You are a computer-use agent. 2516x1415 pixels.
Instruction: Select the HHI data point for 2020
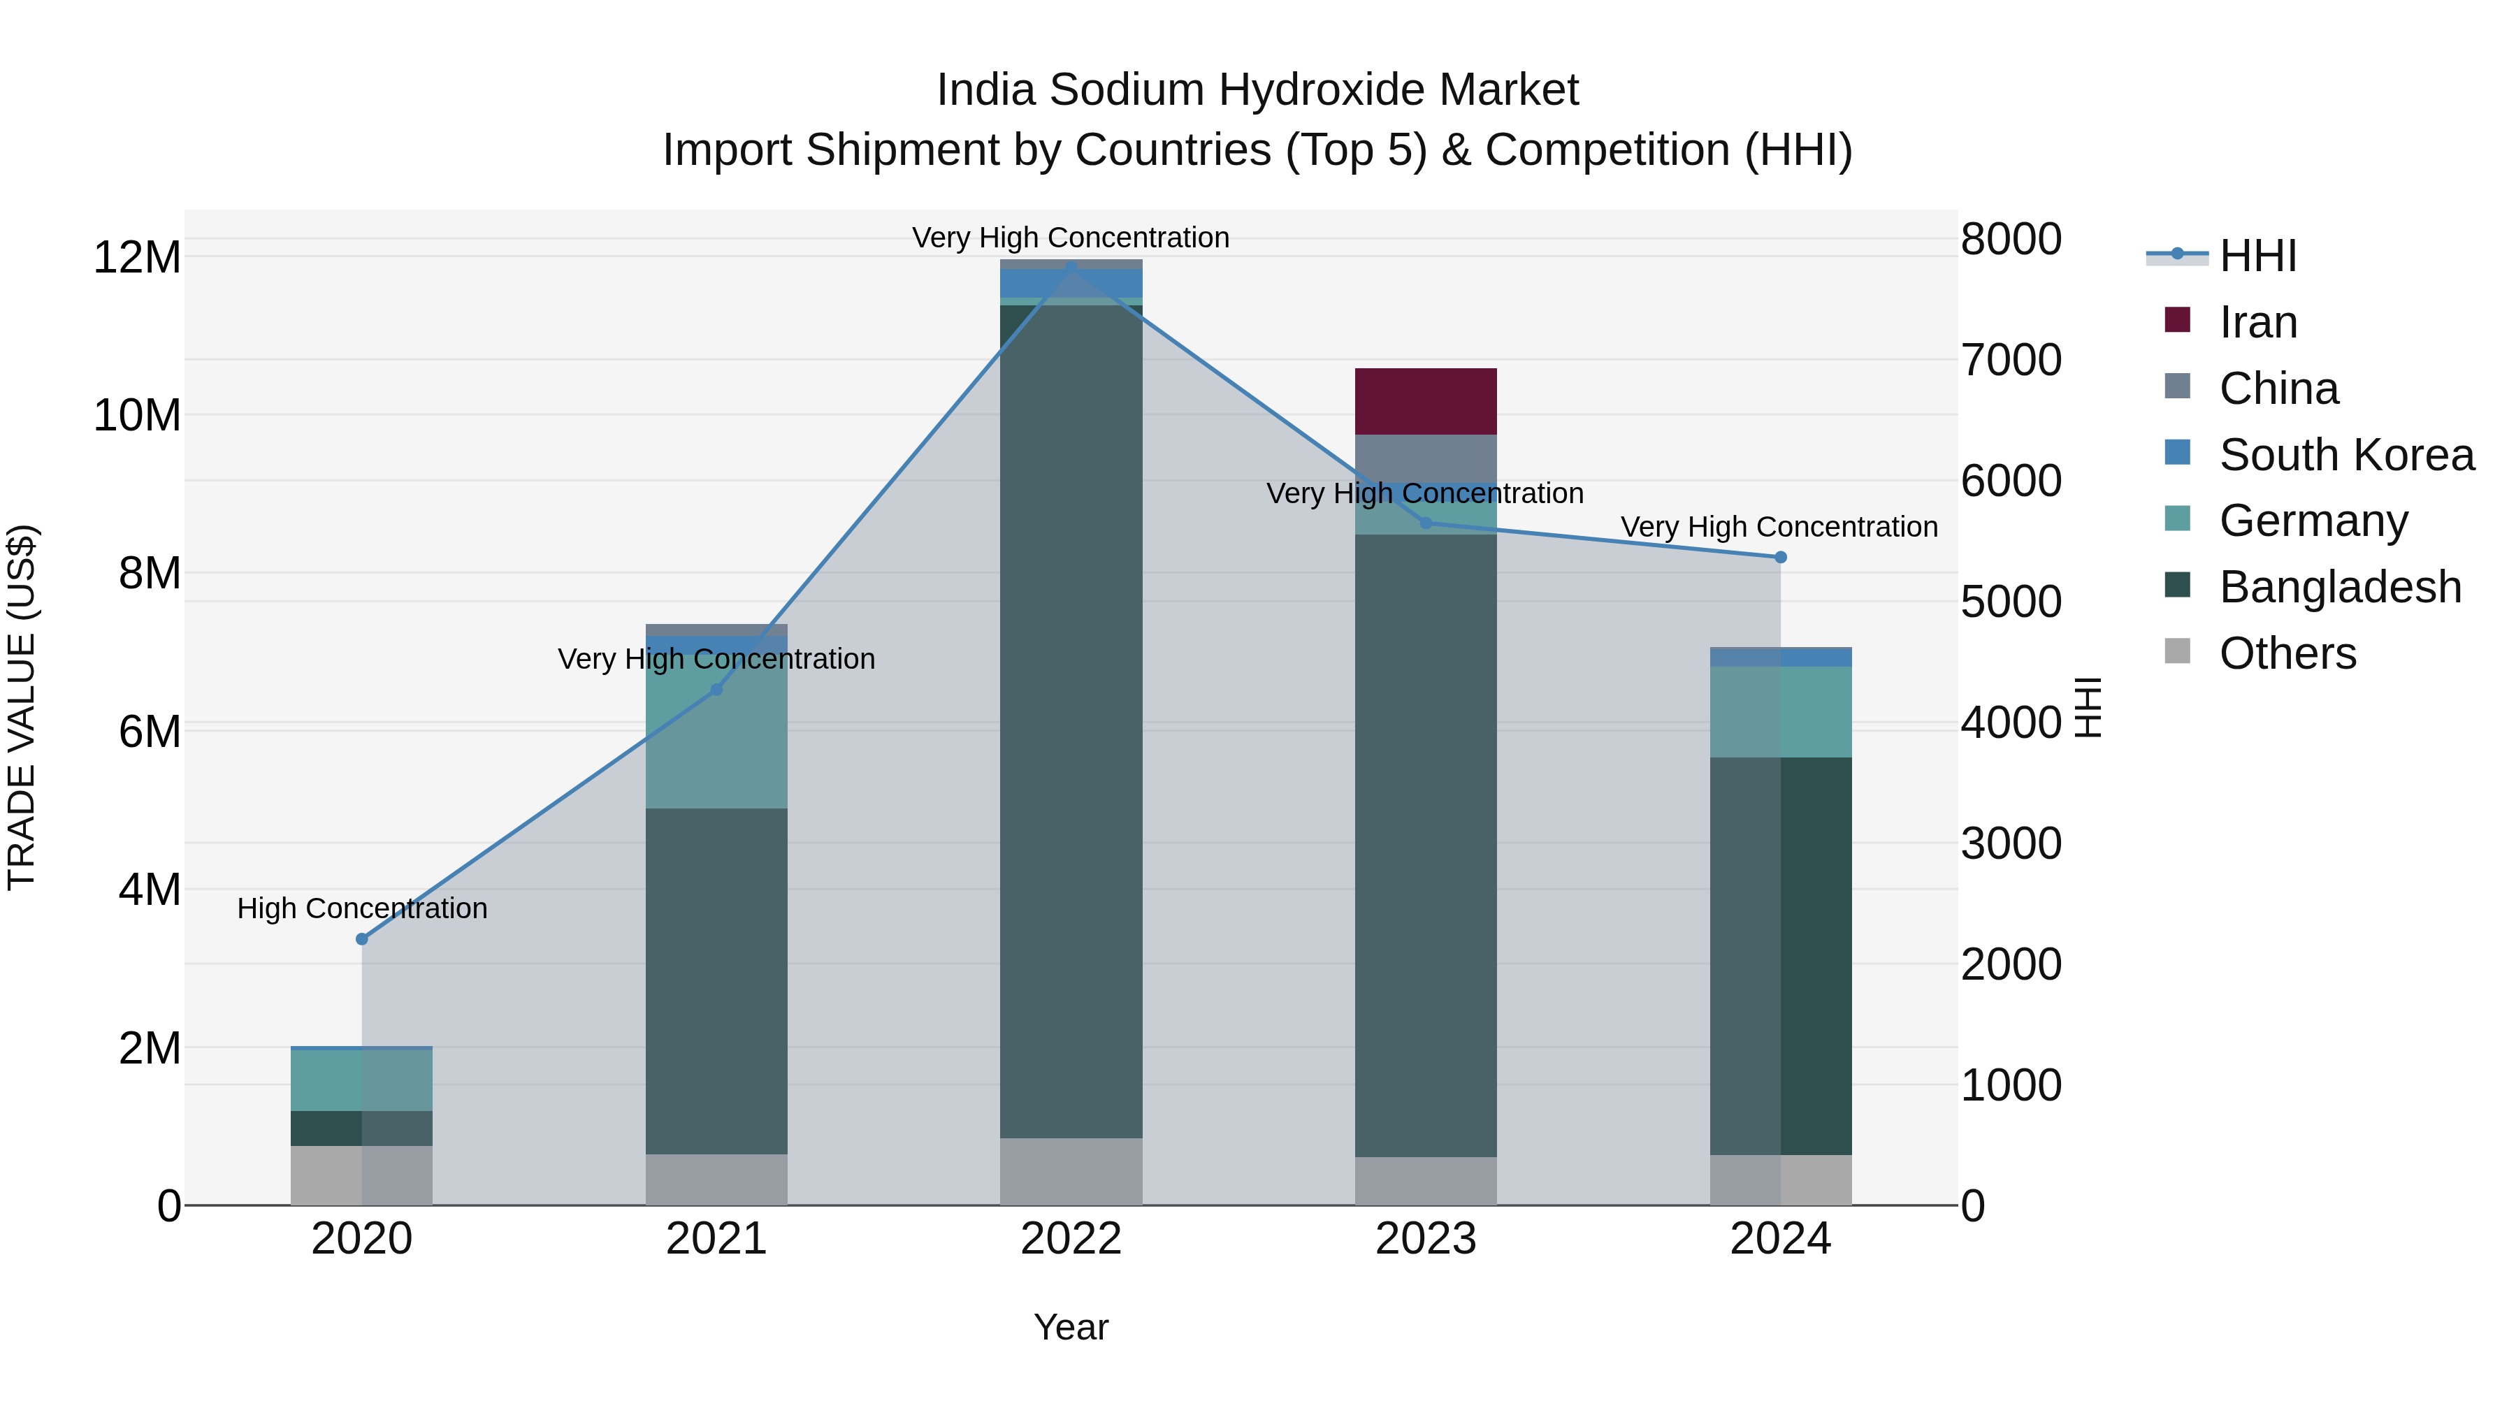(361, 938)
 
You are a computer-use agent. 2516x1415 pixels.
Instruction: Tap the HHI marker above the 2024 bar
(1779, 557)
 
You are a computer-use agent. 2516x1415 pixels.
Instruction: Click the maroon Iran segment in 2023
(1425, 401)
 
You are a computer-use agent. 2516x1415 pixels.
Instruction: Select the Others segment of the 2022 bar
(1071, 1171)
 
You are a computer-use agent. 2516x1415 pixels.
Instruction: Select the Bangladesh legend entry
(2339, 587)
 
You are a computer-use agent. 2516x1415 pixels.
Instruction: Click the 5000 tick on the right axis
(2010, 602)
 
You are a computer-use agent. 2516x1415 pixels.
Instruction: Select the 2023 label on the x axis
(1425, 1239)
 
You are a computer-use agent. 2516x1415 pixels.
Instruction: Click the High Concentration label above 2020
(361, 908)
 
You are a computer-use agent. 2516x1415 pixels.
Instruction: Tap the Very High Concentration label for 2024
(1779, 528)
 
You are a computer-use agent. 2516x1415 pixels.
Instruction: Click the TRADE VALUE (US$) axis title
(22, 707)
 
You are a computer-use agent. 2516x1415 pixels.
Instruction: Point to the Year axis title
(1071, 1327)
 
